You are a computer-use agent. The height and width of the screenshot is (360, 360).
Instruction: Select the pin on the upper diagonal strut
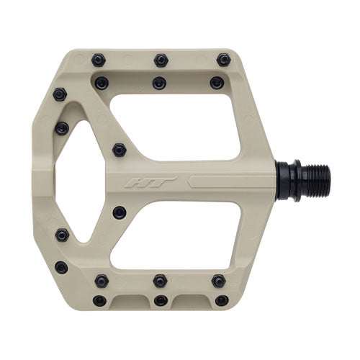[120, 150]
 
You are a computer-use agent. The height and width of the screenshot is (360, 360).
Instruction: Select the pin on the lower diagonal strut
[120, 212]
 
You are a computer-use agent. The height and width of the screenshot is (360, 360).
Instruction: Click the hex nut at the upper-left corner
[60, 94]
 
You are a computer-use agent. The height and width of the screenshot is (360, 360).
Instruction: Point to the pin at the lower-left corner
[61, 267]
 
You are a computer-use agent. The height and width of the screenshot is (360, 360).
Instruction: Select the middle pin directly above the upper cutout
[159, 83]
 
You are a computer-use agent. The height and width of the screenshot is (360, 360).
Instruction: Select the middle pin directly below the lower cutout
[159, 281]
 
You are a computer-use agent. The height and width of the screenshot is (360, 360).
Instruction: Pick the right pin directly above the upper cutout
[216, 83]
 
